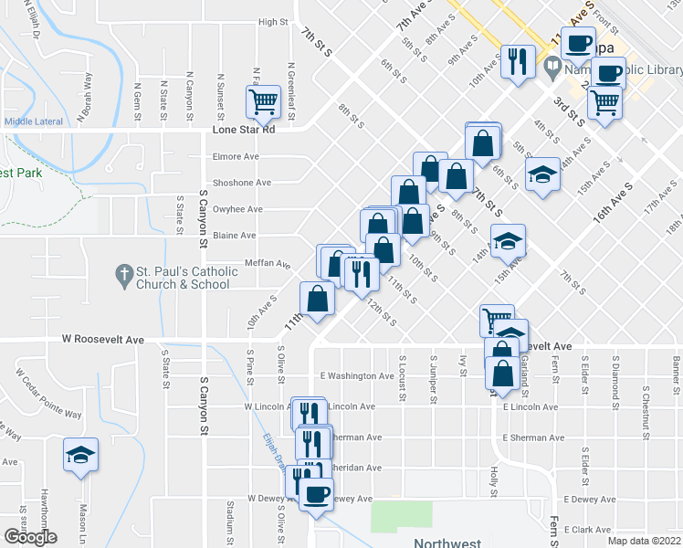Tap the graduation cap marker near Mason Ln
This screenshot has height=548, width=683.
click(80, 455)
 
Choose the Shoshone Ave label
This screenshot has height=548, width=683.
click(242, 183)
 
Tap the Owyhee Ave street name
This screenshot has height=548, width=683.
click(238, 209)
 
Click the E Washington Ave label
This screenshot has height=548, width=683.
click(357, 375)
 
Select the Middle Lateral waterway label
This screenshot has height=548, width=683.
click(33, 121)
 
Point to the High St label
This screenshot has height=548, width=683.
click(273, 22)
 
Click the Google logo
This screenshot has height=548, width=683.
click(29, 538)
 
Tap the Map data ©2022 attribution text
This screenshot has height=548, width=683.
click(645, 541)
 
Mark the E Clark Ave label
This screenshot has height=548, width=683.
click(587, 530)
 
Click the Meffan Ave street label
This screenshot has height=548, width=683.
click(268, 265)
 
